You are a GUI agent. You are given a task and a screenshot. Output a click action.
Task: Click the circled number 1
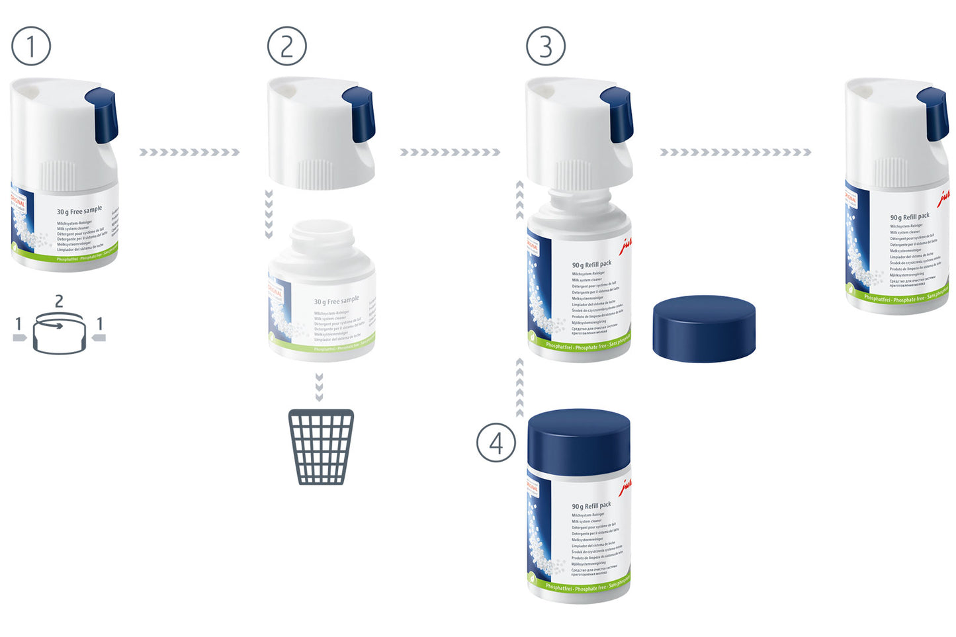31,46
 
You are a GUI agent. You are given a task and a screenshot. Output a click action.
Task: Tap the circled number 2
286,46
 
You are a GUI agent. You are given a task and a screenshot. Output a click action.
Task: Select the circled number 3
545,46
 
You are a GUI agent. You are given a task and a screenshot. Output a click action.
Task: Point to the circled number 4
496,443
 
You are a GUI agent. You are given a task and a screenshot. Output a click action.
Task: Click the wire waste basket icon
321,446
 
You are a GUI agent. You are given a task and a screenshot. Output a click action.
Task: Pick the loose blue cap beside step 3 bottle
704,329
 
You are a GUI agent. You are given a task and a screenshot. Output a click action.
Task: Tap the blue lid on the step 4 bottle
579,442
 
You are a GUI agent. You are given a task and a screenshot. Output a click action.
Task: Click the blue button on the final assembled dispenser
934,114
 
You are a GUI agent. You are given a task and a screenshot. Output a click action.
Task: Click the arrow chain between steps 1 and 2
189,152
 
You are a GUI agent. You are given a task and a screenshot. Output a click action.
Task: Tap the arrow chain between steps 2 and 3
450,152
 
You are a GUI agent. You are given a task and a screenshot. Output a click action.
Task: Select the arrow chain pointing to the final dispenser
735,152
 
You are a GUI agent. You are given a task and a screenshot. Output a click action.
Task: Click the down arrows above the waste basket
320,387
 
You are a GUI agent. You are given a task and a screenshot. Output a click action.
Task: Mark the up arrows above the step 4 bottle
520,387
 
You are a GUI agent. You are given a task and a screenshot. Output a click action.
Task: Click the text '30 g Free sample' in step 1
79,210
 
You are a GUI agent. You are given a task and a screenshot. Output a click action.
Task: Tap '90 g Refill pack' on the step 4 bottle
591,505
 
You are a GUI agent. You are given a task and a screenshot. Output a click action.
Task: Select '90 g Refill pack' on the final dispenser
910,216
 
